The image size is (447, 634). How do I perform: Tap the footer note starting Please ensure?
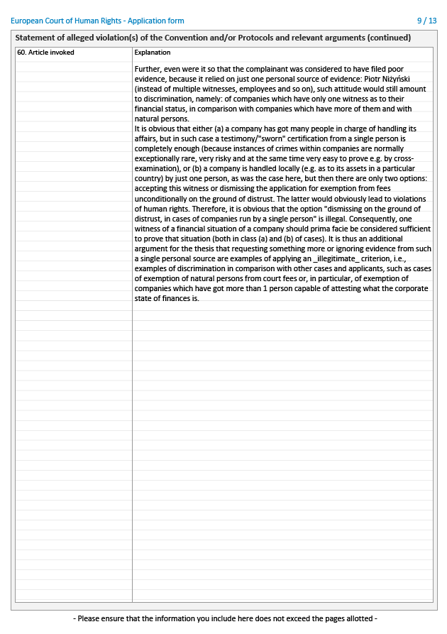tap(224, 618)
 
